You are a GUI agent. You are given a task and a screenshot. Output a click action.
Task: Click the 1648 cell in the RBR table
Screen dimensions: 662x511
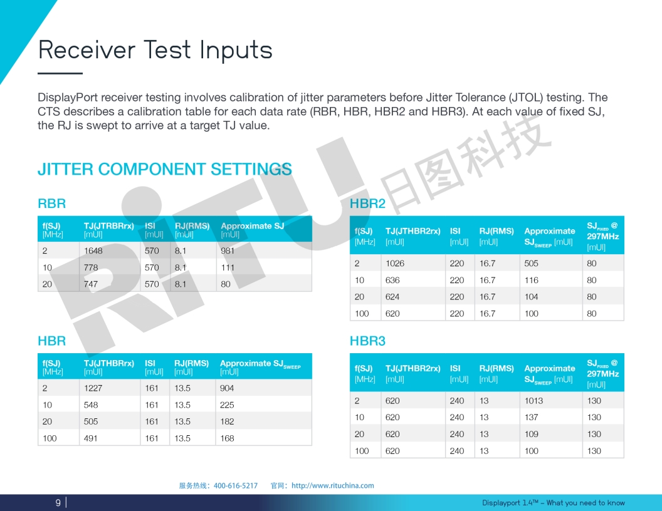93,251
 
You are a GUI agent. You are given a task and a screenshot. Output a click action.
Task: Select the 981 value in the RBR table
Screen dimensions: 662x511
227,251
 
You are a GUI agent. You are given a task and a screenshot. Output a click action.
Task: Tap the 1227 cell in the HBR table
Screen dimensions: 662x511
93,388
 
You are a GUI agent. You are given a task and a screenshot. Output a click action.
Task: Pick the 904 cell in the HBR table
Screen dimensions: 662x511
227,388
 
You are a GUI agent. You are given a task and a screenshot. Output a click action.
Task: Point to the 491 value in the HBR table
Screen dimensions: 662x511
90,438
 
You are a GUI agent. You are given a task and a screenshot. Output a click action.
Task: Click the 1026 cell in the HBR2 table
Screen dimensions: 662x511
395,264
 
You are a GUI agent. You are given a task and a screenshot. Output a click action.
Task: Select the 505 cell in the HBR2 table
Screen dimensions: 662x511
531,264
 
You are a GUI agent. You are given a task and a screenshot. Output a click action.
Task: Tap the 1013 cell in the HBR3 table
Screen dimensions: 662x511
533,401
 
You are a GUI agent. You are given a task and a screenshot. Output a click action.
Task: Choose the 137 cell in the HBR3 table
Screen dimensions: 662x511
531,418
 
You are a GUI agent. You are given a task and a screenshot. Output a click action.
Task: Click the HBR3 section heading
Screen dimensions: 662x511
367,341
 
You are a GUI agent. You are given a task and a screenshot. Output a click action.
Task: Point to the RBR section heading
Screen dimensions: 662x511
51,204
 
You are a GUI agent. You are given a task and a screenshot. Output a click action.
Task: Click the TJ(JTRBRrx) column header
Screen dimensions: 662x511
108,226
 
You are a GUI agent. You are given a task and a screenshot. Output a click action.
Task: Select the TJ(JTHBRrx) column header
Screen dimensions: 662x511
108,363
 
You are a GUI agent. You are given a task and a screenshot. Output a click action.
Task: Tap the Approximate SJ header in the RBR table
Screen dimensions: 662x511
253,226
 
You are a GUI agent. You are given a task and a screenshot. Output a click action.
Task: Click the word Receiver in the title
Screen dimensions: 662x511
87,49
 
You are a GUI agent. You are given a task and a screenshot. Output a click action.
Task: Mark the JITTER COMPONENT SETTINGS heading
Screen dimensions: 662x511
165,170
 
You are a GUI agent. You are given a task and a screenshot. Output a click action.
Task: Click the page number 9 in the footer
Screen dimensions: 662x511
58,503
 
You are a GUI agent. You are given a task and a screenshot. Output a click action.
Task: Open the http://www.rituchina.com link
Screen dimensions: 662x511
333,486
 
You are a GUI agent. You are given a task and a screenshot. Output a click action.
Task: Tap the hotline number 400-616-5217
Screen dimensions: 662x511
236,486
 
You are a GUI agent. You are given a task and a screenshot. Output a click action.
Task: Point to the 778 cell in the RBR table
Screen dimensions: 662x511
91,268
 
